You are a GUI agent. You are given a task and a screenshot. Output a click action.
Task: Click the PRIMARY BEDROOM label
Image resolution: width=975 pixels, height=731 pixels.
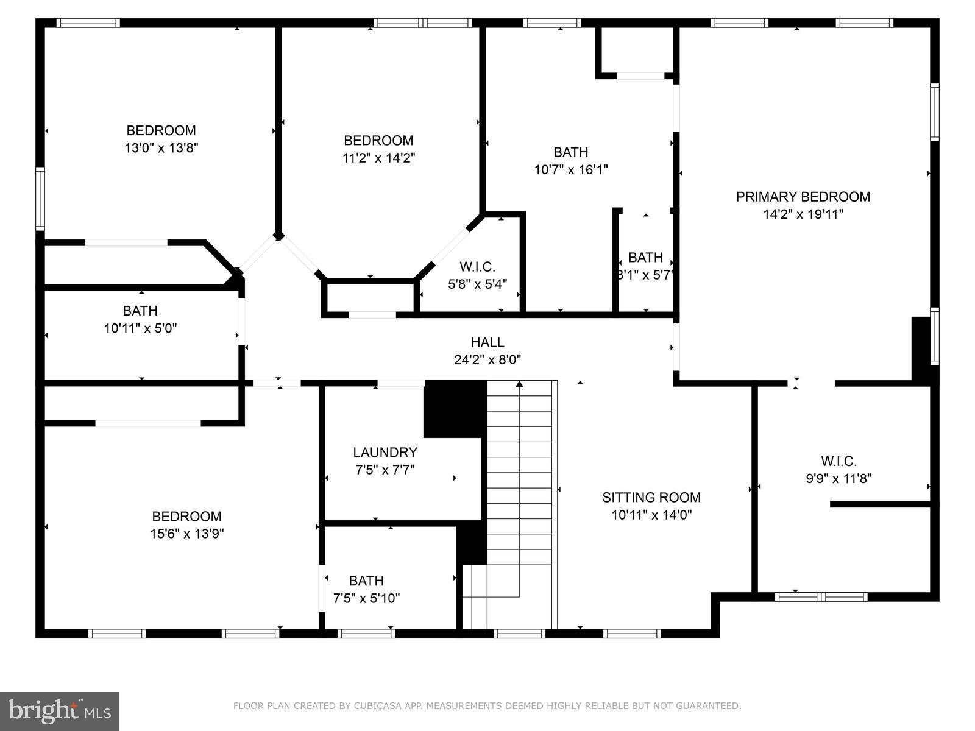click(803, 197)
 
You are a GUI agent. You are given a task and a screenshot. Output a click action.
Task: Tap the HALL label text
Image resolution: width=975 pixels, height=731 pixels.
click(487, 342)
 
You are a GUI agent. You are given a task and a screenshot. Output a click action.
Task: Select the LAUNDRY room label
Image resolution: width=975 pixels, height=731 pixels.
click(385, 453)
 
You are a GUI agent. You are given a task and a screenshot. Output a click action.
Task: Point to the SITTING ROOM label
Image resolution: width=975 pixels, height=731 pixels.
click(651, 498)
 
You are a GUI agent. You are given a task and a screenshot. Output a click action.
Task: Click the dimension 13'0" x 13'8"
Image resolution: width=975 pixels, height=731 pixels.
click(161, 147)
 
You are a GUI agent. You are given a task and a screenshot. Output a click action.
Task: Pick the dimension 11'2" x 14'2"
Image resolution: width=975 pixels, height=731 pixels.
click(378, 158)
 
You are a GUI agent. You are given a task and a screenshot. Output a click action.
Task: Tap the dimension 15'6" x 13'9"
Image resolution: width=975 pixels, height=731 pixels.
click(186, 534)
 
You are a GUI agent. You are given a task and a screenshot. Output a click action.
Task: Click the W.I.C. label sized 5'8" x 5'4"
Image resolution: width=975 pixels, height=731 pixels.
click(477, 267)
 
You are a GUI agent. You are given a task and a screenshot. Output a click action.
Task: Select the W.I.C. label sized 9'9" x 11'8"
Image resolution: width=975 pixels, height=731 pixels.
click(838, 461)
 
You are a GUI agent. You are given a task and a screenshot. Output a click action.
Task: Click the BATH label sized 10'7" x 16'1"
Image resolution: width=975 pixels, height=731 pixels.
click(570, 152)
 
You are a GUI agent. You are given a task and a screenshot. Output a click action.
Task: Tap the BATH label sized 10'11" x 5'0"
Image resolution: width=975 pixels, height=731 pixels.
click(140, 311)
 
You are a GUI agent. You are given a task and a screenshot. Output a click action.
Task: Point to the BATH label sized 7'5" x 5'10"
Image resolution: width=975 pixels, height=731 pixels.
click(366, 581)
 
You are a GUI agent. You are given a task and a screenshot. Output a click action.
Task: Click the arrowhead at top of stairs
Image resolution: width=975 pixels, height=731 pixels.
click(519, 384)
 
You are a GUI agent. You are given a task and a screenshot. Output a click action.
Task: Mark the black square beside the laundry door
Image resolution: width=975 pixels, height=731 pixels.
click(455, 408)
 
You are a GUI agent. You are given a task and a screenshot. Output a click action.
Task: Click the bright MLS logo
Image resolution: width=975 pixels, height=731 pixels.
click(60, 711)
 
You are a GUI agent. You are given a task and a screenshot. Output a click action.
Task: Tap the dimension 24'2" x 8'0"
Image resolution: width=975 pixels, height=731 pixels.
click(487, 360)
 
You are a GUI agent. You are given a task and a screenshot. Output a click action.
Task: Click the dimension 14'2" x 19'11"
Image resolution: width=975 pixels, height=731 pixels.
click(803, 214)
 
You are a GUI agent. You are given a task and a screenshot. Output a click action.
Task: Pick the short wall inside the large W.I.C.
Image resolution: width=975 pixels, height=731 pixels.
click(880, 504)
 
